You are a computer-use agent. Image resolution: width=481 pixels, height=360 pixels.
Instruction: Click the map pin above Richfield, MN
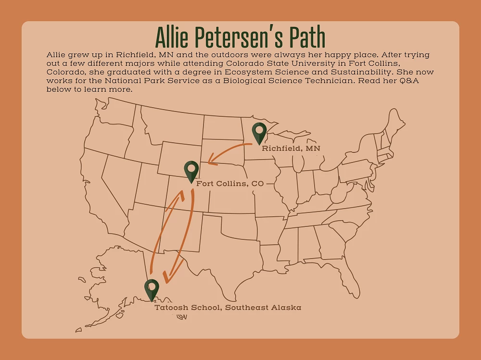click(259, 132)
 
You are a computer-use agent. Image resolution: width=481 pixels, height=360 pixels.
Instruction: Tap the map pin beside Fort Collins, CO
click(191, 171)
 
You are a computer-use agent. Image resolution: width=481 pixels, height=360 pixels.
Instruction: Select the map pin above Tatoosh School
click(152, 289)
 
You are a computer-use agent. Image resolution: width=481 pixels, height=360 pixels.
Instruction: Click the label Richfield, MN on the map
click(291, 149)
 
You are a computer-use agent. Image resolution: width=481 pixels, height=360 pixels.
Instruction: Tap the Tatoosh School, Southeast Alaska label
click(228, 308)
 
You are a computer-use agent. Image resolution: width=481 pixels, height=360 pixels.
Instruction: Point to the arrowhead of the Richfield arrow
click(211, 161)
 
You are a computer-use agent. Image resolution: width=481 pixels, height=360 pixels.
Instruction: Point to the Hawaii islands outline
click(181, 317)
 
